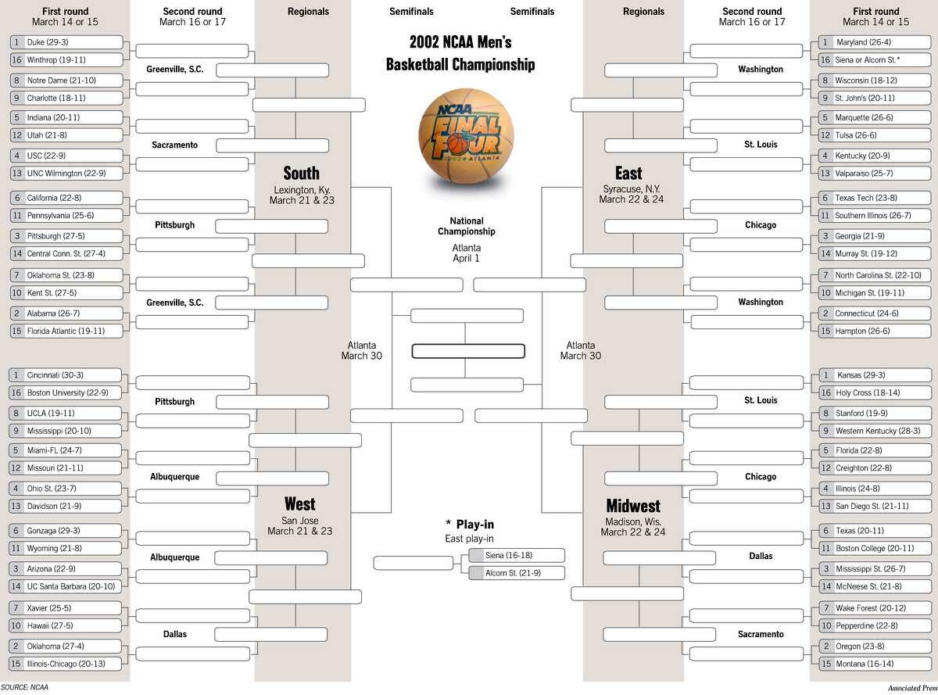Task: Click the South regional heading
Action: pos(301,173)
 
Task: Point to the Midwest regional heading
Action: pos(633,506)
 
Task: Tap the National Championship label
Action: pos(466,226)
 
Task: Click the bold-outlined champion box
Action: pos(467,352)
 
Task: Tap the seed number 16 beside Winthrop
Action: pos(16,59)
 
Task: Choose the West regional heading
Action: pos(300,503)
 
